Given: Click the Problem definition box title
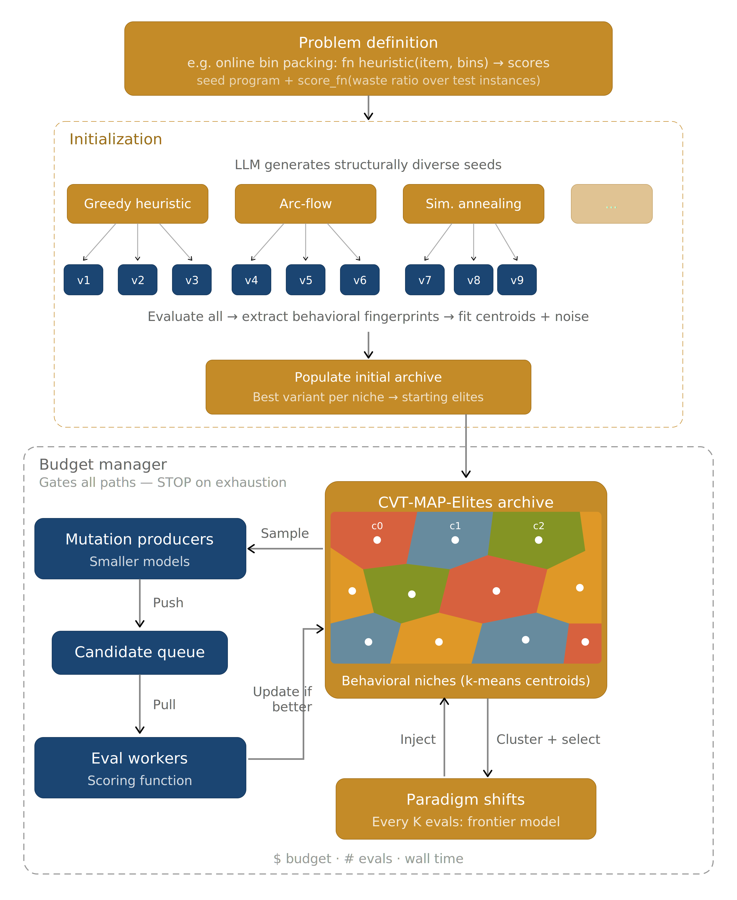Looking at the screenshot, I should (368, 43).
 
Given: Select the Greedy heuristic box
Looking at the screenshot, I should (138, 204).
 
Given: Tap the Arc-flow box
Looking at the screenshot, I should (305, 204).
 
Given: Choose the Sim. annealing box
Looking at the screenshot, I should (473, 204).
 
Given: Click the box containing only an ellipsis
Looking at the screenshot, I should (611, 204).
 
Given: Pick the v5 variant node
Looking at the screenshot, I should (305, 280).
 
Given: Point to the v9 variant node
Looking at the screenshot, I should (517, 280).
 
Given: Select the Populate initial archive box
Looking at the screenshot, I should (368, 387).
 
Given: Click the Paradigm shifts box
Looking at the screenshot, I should (466, 809).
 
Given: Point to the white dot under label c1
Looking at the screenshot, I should (455, 540).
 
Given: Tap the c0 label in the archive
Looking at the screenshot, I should (377, 526).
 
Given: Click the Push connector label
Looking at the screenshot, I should (168, 603).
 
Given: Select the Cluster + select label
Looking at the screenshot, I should (548, 740).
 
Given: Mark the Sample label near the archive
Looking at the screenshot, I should (285, 533).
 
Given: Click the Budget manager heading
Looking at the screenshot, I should (103, 465).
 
